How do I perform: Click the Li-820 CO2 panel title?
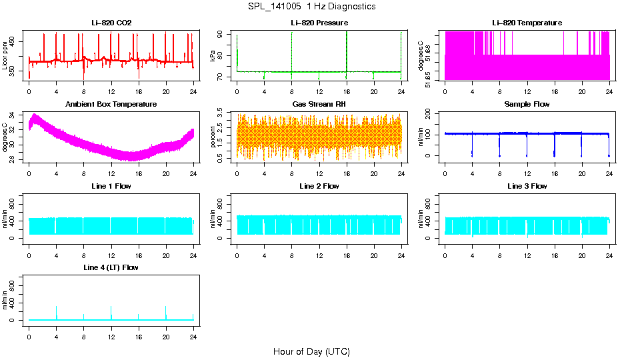point(111,23)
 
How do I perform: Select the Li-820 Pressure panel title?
point(319,23)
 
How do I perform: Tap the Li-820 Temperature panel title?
point(527,23)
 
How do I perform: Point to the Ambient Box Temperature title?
point(111,105)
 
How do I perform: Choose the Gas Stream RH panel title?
point(319,105)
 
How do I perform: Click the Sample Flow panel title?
point(527,105)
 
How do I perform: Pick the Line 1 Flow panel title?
point(111,186)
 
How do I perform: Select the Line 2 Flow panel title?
point(319,186)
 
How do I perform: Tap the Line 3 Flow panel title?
point(527,186)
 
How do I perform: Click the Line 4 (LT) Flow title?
point(111,267)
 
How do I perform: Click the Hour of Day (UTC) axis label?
point(311,351)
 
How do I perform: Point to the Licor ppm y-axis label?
point(5,56)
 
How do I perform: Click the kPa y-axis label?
point(213,56)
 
